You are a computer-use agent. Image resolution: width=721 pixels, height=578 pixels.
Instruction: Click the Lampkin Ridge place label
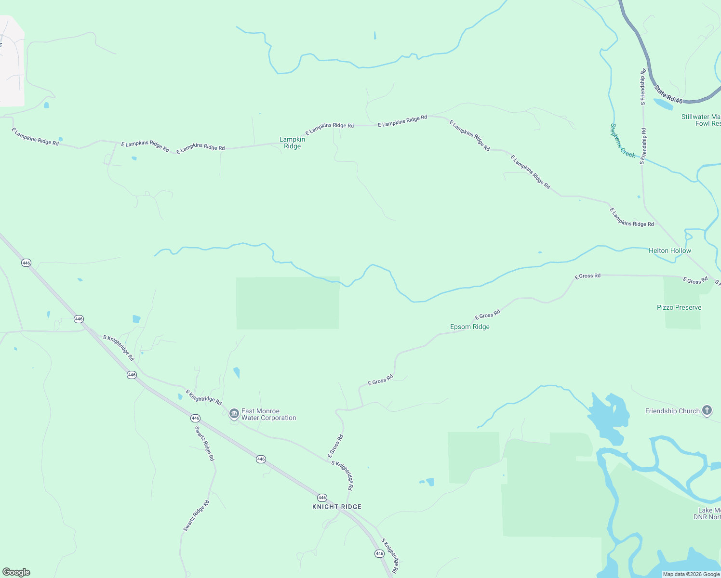click(292, 143)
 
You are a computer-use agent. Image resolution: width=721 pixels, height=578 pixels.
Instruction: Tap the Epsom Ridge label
click(469, 327)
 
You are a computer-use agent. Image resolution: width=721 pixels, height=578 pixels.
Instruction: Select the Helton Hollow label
click(669, 250)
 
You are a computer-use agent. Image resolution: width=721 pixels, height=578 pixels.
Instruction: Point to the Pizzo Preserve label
click(679, 307)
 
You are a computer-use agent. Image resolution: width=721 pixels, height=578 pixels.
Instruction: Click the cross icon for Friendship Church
click(707, 410)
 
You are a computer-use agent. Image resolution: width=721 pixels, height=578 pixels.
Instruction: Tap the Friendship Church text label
click(672, 411)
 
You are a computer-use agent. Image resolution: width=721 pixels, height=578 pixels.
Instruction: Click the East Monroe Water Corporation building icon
click(234, 414)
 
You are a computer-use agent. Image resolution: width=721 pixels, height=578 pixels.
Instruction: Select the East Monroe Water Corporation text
click(268, 414)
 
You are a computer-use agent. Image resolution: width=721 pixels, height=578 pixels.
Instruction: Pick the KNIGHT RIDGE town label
click(336, 507)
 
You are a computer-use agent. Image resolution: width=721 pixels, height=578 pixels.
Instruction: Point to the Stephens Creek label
click(622, 141)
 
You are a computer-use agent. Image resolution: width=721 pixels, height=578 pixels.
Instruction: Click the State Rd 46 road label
click(668, 94)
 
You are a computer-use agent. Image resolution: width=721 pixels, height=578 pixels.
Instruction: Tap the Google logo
click(16, 572)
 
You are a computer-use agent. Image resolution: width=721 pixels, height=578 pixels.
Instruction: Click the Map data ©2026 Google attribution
click(691, 574)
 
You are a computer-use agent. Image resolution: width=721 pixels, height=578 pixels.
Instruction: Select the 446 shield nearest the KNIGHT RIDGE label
click(322, 498)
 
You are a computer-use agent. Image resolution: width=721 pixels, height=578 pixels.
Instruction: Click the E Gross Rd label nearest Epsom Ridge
click(487, 315)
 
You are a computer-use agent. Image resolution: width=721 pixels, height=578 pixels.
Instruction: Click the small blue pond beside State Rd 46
click(663, 104)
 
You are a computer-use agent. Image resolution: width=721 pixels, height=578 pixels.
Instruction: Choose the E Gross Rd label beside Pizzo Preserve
click(694, 280)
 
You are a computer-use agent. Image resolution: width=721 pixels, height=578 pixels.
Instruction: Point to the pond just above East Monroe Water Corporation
click(237, 372)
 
